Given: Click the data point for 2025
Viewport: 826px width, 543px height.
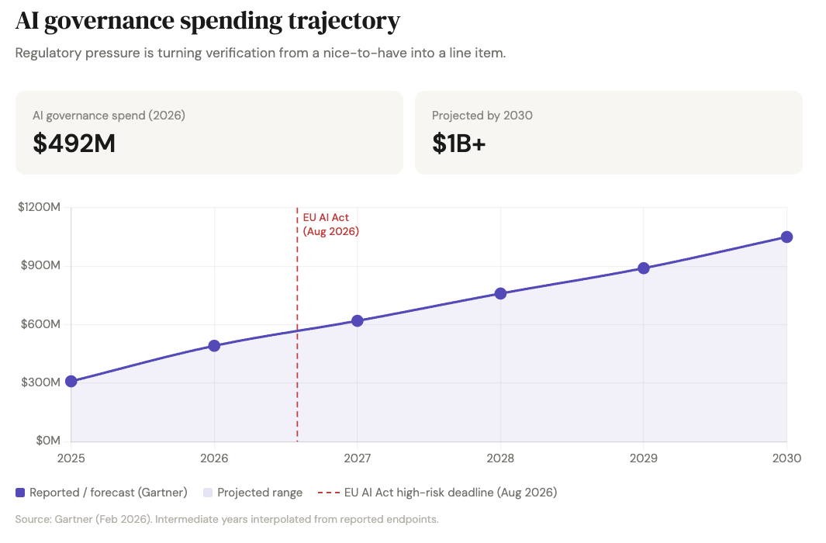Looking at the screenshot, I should point(71,381).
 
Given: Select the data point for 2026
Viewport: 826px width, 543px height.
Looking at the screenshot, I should point(214,345).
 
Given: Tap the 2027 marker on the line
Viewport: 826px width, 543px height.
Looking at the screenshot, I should point(358,320).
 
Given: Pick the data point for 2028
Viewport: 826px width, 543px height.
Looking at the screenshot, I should point(500,293).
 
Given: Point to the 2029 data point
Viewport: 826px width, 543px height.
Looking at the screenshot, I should point(644,268).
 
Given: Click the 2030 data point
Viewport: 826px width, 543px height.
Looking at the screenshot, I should point(786,237).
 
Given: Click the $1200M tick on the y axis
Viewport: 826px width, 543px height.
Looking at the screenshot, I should point(39,207).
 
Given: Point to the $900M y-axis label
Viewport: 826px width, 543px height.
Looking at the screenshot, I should point(40,265).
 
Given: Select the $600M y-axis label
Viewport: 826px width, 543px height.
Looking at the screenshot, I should point(40,323).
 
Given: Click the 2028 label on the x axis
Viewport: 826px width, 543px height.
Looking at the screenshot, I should point(500,458).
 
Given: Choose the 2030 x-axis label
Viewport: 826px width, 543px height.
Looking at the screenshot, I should point(786,458).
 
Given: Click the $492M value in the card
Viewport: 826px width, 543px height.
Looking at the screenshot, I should point(74,144).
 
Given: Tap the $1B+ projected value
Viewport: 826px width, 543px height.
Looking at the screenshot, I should point(459,144).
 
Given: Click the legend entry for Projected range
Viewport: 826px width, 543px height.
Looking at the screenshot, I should point(259,493).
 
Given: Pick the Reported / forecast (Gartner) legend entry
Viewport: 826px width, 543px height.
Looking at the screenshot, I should point(108,493).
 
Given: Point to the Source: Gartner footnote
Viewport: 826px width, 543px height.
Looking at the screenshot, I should point(226,519).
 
